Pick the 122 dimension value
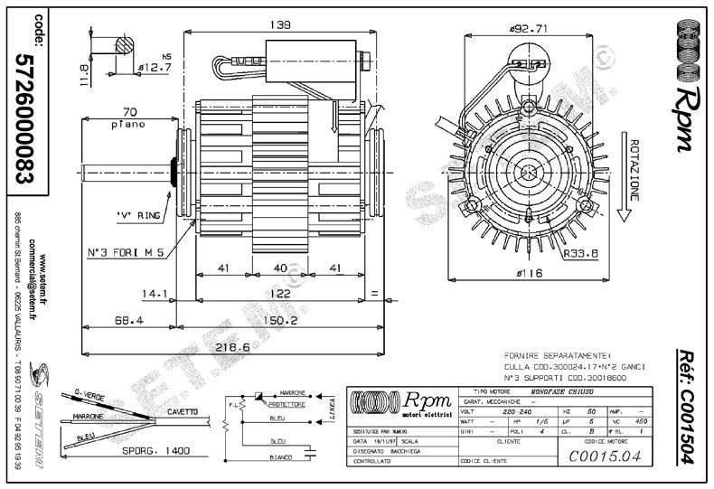[x=282, y=293]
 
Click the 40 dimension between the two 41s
[x=280, y=268]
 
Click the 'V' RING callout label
[x=138, y=214]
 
